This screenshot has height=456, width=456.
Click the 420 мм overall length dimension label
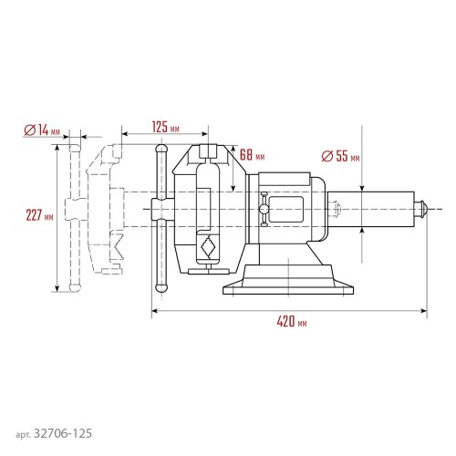click(x=292, y=321)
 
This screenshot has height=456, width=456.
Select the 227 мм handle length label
click(x=39, y=215)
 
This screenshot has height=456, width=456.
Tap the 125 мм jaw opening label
click(x=165, y=128)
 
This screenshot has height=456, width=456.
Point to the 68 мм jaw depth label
click(x=252, y=155)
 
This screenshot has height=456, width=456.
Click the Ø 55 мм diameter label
click(x=340, y=156)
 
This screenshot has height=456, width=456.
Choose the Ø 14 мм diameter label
click(x=42, y=130)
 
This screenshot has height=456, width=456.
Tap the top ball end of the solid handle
click(x=161, y=150)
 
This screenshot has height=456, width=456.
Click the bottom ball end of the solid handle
click(x=161, y=287)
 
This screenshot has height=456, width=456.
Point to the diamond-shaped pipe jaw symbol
click(x=208, y=247)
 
